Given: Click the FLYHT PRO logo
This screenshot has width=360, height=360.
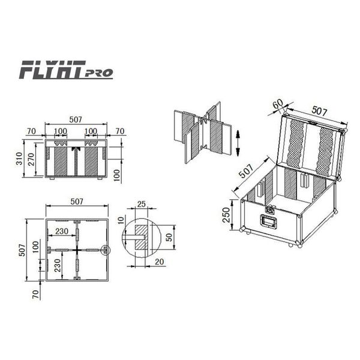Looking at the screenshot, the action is coord(66,70).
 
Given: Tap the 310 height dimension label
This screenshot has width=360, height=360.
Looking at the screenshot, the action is coord(20,158).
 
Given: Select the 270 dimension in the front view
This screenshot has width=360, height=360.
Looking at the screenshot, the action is coord(31,160).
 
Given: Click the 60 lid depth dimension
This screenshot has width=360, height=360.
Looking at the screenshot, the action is coord(278,104).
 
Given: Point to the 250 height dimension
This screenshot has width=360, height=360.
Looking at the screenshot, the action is coord(226,215).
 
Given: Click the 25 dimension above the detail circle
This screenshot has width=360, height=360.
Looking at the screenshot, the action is coord(142,204).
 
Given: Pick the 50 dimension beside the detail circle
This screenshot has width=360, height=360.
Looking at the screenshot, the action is coord(169,237).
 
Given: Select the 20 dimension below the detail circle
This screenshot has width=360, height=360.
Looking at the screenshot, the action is coord(160,262).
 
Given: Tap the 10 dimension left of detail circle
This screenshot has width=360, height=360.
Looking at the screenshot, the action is coord(121,220).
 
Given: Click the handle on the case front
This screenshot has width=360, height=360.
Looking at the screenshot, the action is coord(268,221).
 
